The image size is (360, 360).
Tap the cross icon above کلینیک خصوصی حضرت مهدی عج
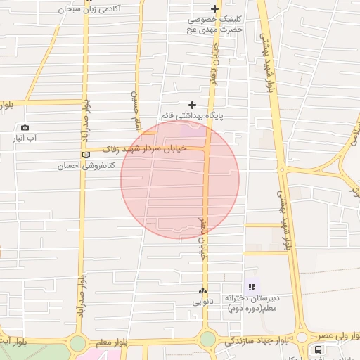click(x=214, y=8)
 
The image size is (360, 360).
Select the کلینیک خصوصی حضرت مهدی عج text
click(x=214, y=25)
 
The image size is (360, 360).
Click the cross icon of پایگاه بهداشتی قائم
click(x=191, y=104)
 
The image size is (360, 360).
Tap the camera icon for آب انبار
click(x=25, y=128)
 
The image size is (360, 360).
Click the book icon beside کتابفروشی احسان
click(x=86, y=155)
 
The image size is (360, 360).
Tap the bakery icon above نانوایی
click(x=202, y=290)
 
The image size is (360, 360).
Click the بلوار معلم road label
click(x=112, y=342)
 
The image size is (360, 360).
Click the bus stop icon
click(x=319, y=349)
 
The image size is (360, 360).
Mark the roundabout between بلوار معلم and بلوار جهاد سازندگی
click(x=207, y=340)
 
